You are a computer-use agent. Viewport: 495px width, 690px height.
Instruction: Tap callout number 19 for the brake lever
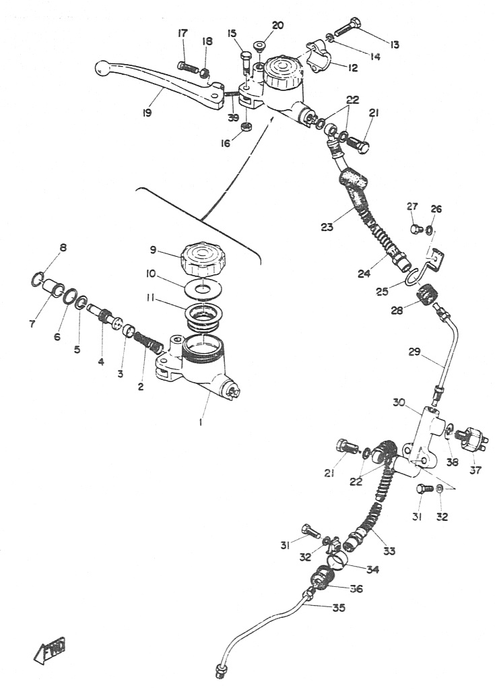146,113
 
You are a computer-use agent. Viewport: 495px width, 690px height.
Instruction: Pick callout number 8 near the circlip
63,248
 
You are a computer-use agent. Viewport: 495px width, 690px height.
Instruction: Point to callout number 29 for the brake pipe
415,351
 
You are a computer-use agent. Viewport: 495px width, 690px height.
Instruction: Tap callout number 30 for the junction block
399,402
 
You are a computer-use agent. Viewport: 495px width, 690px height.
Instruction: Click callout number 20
277,26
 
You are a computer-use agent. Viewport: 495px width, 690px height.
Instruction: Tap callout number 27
412,206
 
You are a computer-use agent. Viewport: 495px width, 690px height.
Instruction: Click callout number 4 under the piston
101,361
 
